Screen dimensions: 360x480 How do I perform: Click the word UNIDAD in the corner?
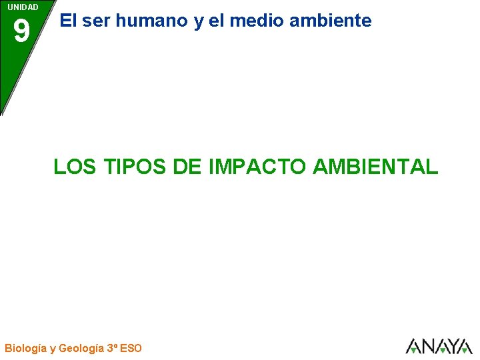[23, 7]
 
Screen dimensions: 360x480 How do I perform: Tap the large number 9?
[21, 31]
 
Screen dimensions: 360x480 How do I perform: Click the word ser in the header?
[96, 21]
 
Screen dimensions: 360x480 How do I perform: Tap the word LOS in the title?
[71, 166]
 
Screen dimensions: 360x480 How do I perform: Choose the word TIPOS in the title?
[129, 166]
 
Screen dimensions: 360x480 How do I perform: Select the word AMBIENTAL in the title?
[375, 166]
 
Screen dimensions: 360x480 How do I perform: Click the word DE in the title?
[187, 166]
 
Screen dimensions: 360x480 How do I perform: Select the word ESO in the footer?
[131, 347]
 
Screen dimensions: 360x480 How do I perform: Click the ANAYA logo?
[439, 346]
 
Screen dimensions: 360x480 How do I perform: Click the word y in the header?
[199, 22]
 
